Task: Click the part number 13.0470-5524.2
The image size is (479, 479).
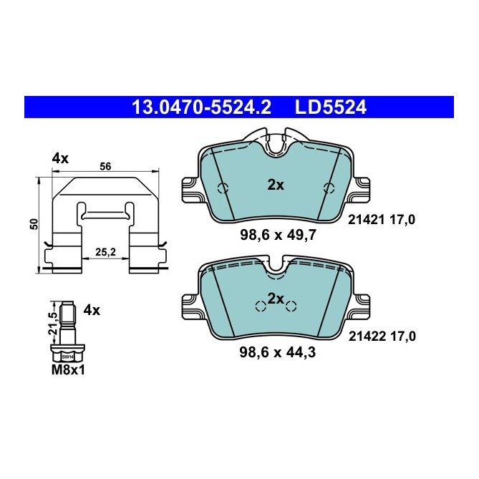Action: point(200,107)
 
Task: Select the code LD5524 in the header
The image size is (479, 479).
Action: point(330,107)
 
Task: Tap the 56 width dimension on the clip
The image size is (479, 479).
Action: point(105,166)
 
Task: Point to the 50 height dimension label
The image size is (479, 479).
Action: point(33,224)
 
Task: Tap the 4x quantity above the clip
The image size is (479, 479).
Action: point(60,159)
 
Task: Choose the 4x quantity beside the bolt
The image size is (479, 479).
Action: point(92,311)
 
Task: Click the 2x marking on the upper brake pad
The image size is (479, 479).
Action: point(276,185)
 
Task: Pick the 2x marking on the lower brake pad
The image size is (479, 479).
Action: point(276,297)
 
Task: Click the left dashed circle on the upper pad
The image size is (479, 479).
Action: point(223,188)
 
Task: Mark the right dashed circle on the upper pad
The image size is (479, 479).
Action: point(329,188)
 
